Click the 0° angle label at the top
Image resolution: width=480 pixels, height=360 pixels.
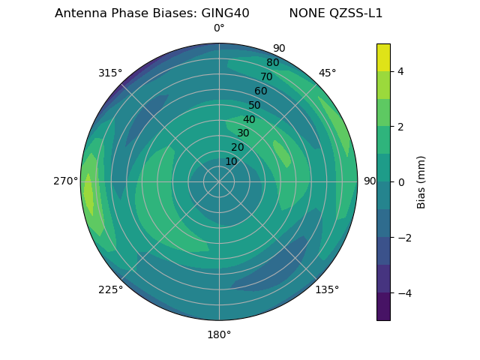[219, 28]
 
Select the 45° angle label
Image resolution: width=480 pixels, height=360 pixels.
[327, 73]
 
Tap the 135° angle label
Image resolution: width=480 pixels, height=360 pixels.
[327, 289]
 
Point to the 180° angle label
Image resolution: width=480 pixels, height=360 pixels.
[219, 334]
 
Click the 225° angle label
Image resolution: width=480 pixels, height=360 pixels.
[110, 289]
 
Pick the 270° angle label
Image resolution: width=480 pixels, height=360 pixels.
[66, 181]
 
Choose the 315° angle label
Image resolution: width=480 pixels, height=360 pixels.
[110, 73]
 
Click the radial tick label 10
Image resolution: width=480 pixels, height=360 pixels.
[231, 161]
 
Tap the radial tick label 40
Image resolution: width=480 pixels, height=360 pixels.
[249, 119]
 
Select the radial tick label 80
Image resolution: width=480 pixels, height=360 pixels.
[272, 62]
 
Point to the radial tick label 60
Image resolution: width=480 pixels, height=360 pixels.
[260, 91]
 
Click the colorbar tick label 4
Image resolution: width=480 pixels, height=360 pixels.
[400, 71]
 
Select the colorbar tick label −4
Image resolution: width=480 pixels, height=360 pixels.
[403, 292]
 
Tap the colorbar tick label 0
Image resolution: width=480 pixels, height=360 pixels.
[400, 181]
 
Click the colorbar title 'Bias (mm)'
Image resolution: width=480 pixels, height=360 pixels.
[421, 181]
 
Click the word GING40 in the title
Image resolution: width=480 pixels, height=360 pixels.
[225, 13]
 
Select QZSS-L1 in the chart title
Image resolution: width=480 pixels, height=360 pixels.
[356, 13]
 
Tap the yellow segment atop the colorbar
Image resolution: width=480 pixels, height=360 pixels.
[383, 57]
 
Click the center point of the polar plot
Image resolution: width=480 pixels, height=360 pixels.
[219, 181]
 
